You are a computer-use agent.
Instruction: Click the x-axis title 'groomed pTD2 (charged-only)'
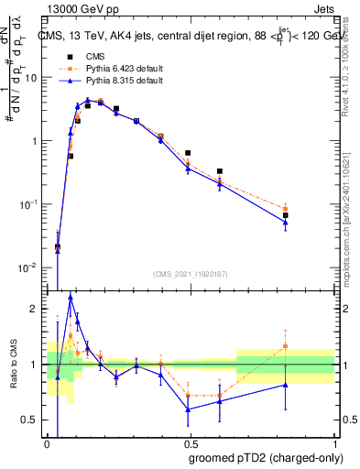click(266, 458)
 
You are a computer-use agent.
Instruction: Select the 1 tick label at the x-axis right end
click(333, 442)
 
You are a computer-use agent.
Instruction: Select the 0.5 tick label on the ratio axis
click(33, 420)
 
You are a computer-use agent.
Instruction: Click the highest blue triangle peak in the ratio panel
click(71, 297)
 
